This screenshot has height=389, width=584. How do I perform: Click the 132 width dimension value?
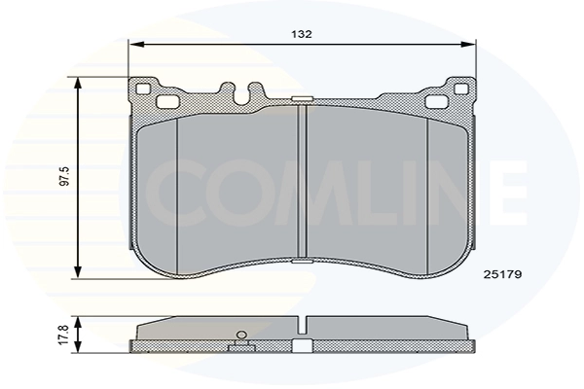click(303, 34)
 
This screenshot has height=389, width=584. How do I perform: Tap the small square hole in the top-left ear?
click(144, 90)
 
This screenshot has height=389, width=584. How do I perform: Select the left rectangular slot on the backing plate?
click(165, 101)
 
